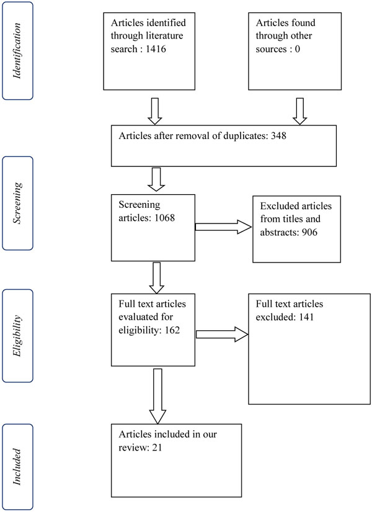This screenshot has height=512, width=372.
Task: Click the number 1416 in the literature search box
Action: (156, 49)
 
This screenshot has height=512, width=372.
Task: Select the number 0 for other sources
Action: (297, 49)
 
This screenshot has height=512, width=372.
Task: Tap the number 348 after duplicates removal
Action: (278, 135)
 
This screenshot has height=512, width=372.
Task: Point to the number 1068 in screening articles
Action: (164, 217)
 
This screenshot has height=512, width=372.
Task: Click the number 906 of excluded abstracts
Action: (309, 232)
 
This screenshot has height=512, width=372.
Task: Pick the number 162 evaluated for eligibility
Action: (172, 330)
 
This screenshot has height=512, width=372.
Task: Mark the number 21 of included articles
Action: (157, 447)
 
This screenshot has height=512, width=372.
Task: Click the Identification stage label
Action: (17, 51)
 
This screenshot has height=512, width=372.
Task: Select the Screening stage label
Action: (17, 203)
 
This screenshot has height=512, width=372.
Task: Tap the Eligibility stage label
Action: (17, 336)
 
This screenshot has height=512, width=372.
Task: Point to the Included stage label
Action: (17, 467)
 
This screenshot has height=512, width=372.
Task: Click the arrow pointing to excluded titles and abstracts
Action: (224, 227)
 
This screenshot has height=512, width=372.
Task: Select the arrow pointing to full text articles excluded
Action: (222, 335)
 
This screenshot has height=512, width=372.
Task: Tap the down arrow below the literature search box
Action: (155, 111)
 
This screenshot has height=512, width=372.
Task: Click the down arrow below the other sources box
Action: (299, 111)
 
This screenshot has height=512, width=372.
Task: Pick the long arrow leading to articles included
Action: (157, 397)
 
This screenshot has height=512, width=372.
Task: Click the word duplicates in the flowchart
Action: (246, 135)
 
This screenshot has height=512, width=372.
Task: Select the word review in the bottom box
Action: (134, 447)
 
